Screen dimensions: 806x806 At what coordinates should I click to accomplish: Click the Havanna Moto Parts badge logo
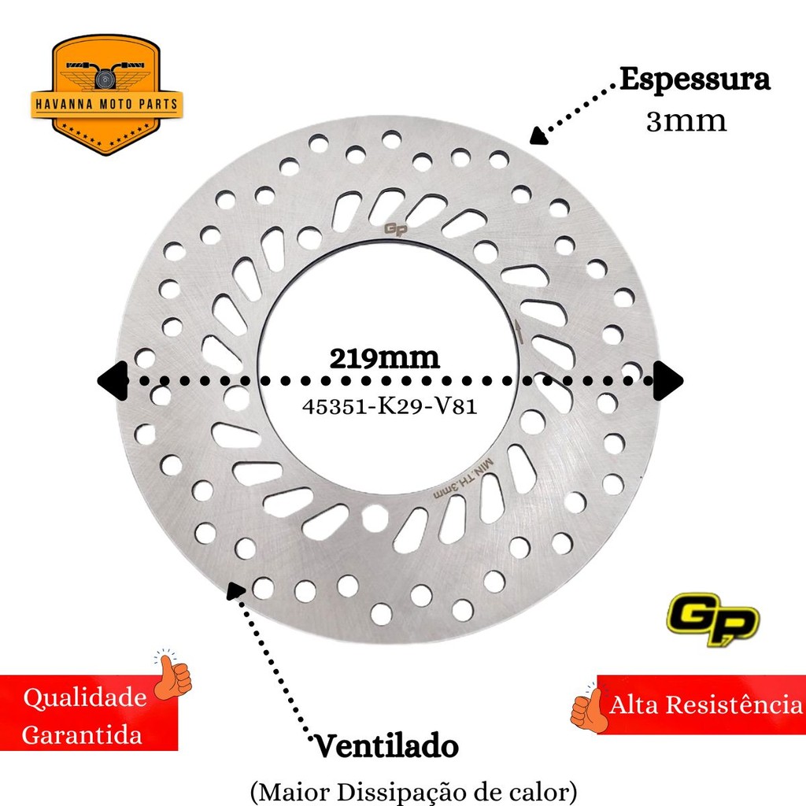coord(107,95)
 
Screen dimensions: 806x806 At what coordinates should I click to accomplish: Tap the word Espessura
coord(694,80)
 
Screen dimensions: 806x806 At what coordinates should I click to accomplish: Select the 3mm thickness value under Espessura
coord(686,122)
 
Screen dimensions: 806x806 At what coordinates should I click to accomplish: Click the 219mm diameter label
coord(384,359)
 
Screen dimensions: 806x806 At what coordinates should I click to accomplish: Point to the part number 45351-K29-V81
coord(390,407)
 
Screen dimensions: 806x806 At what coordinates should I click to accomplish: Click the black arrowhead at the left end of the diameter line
coord(113,381)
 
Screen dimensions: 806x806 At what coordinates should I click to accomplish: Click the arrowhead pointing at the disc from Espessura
coord(538,135)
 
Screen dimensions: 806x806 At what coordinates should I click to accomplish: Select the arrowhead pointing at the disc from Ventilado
coord(235,590)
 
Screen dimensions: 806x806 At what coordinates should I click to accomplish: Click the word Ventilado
coord(386,746)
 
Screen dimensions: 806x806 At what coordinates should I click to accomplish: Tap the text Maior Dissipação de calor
coord(413,792)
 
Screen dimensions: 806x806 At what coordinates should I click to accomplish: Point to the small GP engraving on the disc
coord(396,230)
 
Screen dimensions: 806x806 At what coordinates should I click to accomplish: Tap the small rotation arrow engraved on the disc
coord(519,331)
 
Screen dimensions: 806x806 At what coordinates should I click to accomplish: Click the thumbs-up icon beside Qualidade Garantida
coord(173,674)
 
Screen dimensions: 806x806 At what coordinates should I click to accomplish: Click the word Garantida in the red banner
coord(82,734)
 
